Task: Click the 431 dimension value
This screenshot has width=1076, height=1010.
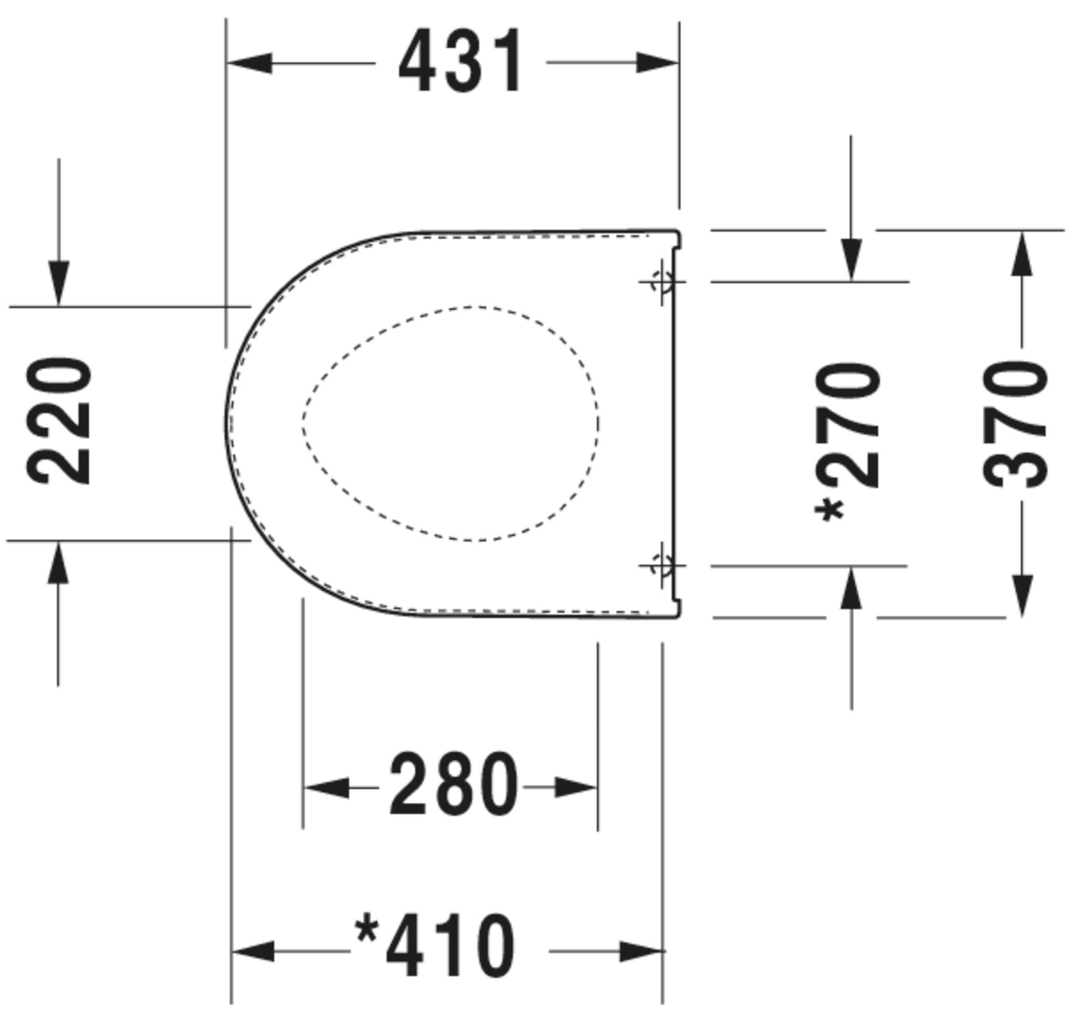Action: point(460,61)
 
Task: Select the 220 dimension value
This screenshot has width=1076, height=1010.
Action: point(59,421)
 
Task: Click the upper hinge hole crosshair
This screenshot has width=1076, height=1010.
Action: point(662,281)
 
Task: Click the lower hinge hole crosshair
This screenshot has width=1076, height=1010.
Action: point(662,566)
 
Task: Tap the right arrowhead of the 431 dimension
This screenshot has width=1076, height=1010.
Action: point(657,63)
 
